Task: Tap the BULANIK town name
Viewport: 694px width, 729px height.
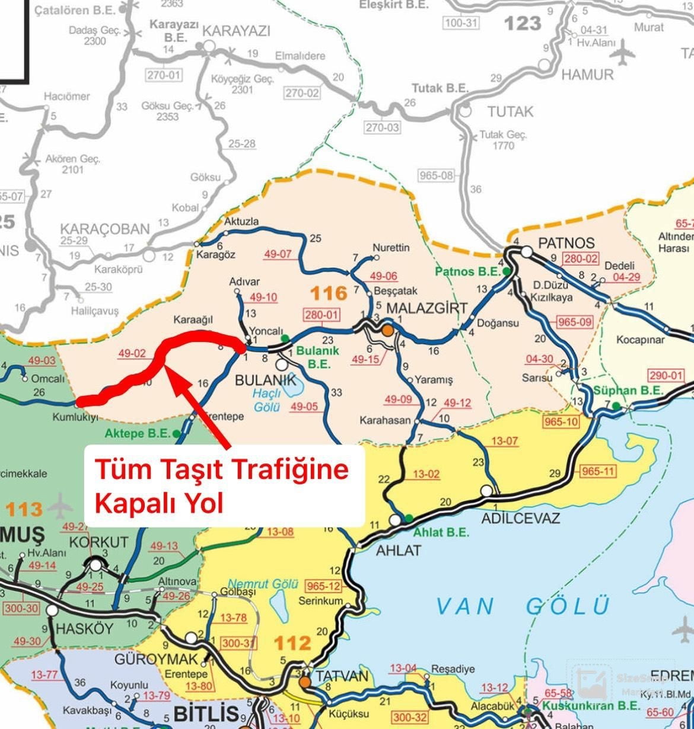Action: (x=265, y=380)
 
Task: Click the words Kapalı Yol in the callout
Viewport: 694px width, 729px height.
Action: (x=158, y=504)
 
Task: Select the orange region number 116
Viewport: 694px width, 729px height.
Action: (x=329, y=293)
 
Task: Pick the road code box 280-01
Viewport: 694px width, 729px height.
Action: (x=321, y=315)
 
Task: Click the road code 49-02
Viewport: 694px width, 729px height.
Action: (x=132, y=354)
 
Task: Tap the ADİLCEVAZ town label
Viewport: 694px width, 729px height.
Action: (x=520, y=519)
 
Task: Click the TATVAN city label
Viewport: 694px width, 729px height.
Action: (x=342, y=676)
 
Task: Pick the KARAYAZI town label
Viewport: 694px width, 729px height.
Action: (x=236, y=31)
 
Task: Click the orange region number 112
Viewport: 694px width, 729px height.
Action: (x=292, y=643)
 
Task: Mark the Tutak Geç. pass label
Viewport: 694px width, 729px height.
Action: (x=502, y=135)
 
